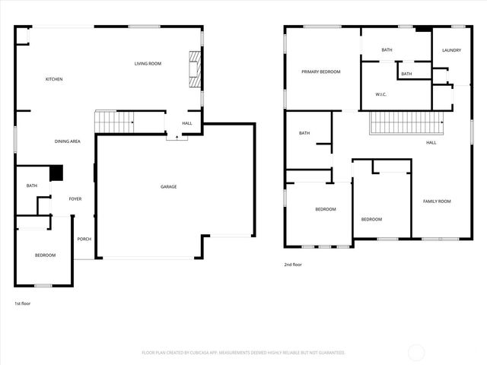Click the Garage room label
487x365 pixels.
[168, 186]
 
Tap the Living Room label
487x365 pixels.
[148, 64]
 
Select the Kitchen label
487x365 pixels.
[53, 79]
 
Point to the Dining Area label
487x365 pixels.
[68, 141]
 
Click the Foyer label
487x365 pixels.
[75, 198]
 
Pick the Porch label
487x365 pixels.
[84, 239]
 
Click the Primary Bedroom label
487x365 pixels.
[320, 71]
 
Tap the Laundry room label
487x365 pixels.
[452, 50]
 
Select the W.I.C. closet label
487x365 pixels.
[382, 94]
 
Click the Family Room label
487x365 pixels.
[437, 201]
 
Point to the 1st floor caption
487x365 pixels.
[22, 303]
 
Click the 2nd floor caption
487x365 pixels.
[293, 265]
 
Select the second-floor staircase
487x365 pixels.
[406, 122]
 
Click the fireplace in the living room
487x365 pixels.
[196, 70]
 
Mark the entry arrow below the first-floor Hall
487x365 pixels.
[177, 138]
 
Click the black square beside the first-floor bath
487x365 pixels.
[56, 173]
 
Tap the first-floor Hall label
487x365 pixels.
[186, 123]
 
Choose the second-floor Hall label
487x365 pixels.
[431, 142]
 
